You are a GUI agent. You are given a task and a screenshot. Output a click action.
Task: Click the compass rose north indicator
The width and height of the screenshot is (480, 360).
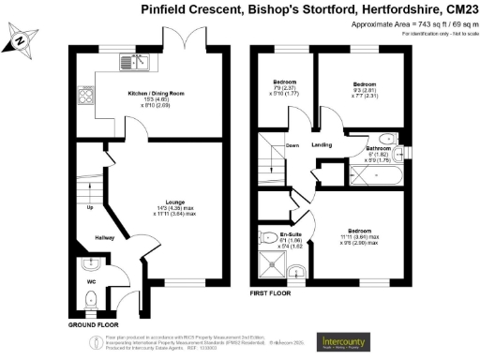21,40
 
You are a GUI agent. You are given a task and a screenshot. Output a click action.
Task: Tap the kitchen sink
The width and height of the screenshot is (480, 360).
133,63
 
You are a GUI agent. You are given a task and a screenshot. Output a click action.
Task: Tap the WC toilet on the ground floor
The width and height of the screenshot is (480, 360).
89,298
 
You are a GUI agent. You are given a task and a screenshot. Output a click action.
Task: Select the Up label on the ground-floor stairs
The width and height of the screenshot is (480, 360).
91,208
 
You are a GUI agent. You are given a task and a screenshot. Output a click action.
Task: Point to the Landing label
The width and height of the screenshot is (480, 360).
322,144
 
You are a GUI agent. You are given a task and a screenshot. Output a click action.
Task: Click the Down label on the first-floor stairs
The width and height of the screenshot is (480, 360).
292,145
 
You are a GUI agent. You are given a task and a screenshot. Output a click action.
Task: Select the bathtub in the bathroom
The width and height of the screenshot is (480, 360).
378,175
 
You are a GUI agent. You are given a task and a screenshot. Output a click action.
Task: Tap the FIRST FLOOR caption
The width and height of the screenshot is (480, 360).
273,293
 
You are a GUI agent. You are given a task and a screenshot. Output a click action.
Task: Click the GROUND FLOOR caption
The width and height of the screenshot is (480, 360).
93,323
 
